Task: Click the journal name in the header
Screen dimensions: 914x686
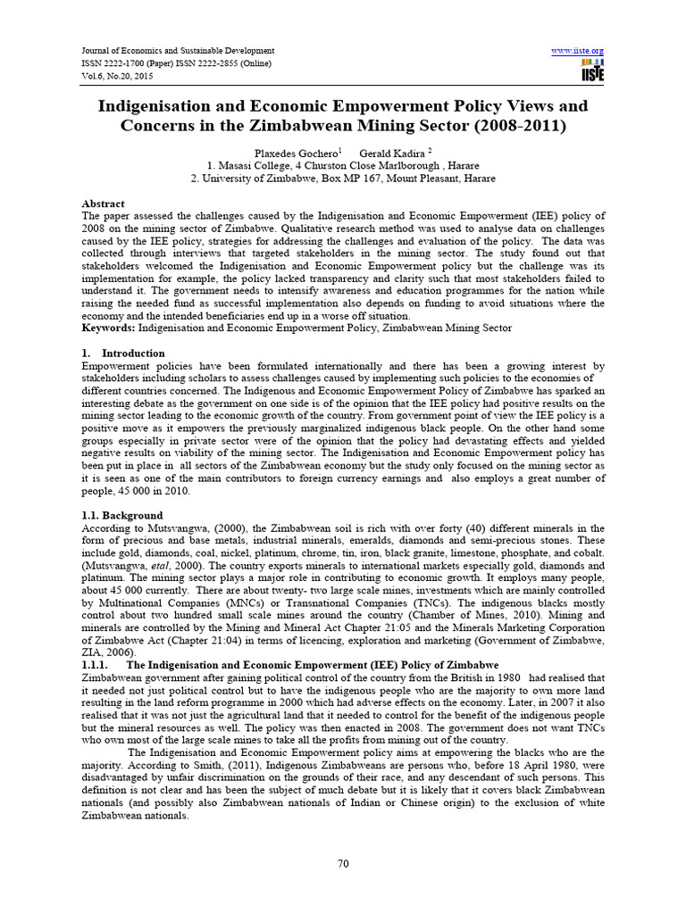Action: [x=178, y=51]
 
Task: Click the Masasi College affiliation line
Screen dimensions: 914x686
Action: [x=344, y=166]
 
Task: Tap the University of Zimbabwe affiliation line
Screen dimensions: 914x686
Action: [x=344, y=179]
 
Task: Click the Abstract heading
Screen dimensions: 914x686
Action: [x=104, y=204]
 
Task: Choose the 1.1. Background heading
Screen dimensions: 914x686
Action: [x=122, y=515]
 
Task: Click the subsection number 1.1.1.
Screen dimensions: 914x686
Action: [x=95, y=665]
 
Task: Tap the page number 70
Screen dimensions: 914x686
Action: [x=343, y=863]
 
